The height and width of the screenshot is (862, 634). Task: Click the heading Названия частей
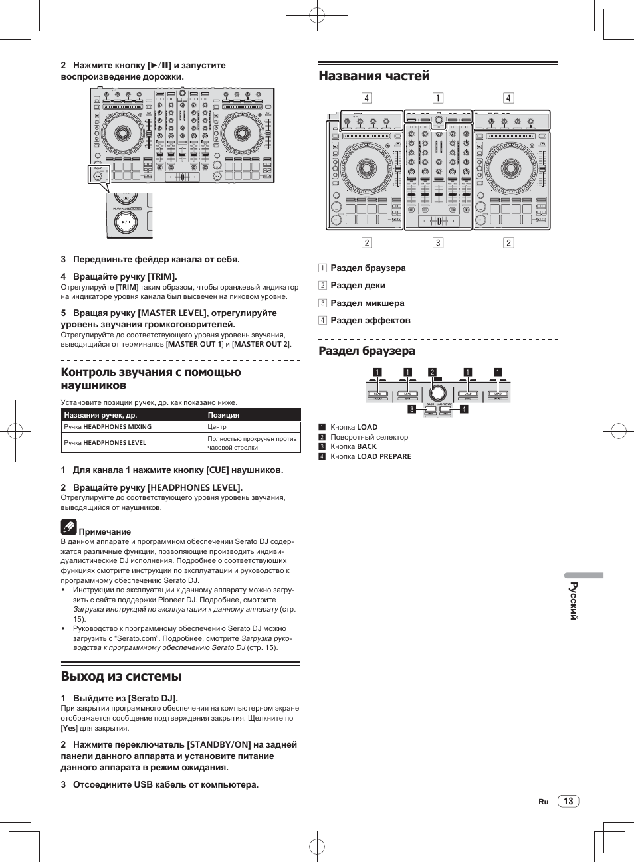tap(374, 76)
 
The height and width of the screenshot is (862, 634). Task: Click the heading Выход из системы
tap(121, 677)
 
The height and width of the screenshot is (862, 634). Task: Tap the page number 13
tap(568, 801)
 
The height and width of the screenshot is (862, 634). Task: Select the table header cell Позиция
tap(223, 415)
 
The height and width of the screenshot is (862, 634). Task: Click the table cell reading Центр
tap(217, 427)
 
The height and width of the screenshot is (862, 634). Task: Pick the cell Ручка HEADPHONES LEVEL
tap(105, 443)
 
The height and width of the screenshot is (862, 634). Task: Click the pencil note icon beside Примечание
tap(68, 527)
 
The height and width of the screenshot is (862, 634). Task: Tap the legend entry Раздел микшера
tap(367, 303)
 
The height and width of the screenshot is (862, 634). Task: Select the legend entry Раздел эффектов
tap(370, 321)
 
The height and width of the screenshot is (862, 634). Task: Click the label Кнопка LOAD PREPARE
tap(370, 457)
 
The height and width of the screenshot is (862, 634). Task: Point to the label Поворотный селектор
tap(369, 437)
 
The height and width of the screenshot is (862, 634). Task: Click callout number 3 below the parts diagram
tap(438, 243)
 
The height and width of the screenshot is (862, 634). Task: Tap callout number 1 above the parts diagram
tap(438, 98)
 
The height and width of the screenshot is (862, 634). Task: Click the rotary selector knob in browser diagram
tap(438, 391)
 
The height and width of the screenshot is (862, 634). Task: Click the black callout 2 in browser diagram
tap(432, 373)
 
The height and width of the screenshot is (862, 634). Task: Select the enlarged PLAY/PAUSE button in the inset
tap(126, 221)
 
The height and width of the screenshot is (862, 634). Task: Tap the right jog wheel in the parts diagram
tap(510, 169)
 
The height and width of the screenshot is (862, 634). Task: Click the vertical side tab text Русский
tap(574, 601)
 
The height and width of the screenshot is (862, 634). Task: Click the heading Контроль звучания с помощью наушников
tap(151, 379)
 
